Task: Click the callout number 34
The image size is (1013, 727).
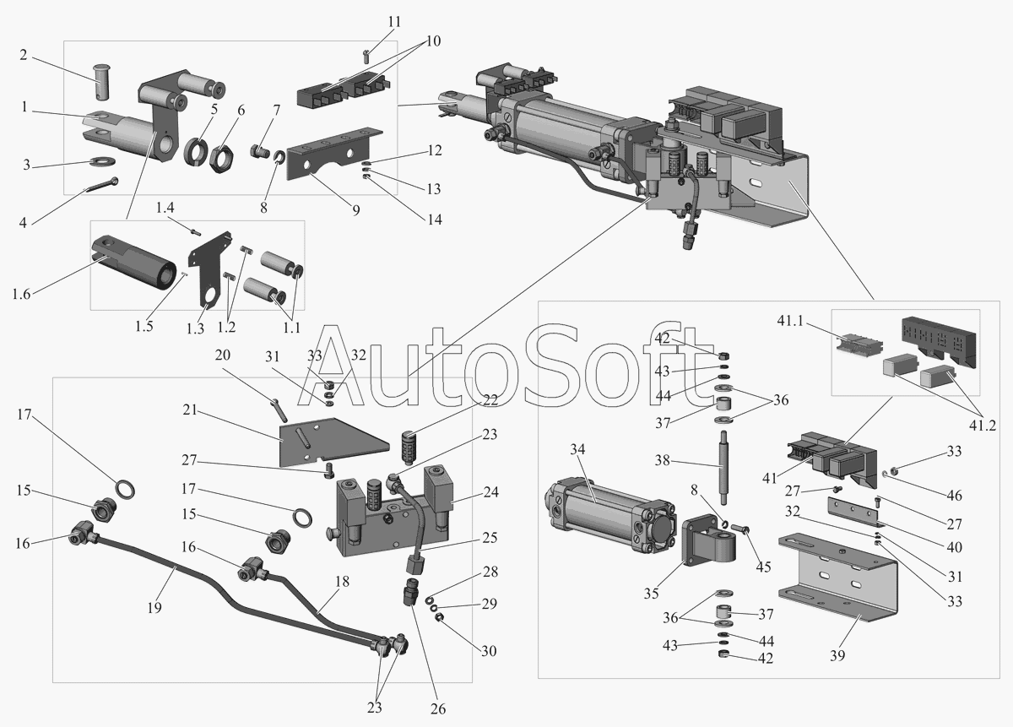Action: click(x=577, y=449)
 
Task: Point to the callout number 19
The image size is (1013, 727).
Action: click(x=154, y=608)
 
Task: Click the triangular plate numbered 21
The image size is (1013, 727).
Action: click(x=333, y=442)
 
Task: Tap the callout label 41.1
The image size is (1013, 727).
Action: click(x=790, y=321)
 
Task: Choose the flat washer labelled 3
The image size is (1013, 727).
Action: click(x=103, y=160)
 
